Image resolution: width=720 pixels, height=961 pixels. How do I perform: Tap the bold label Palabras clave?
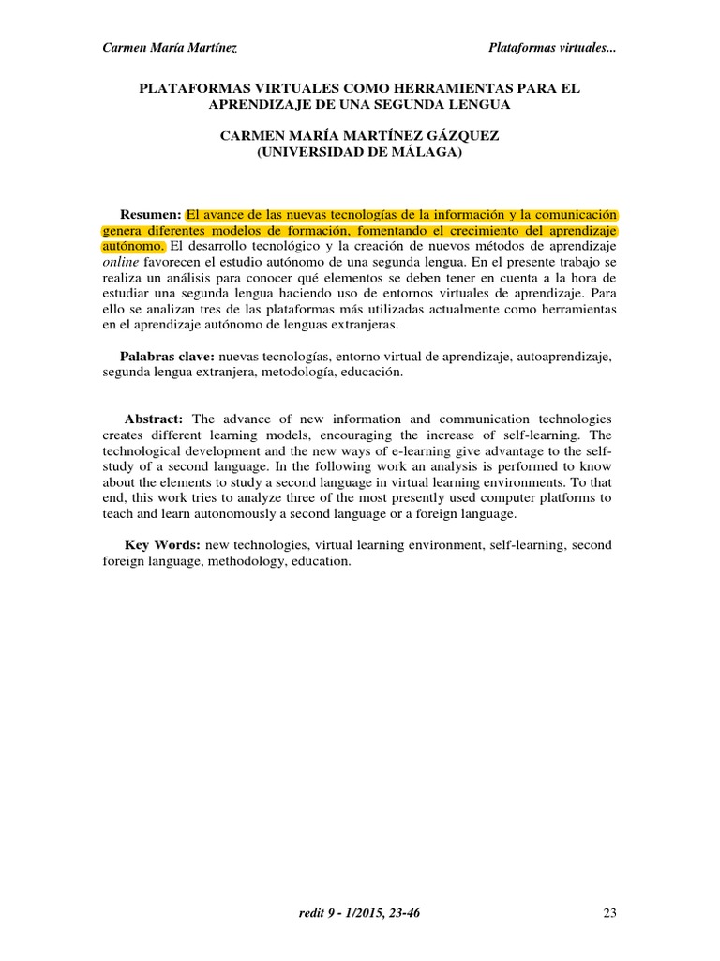(x=167, y=356)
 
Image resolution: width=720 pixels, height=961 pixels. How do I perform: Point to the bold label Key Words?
(x=162, y=544)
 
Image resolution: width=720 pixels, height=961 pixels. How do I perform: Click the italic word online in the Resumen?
(x=121, y=262)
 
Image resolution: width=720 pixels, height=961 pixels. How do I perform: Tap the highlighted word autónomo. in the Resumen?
(x=134, y=246)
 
